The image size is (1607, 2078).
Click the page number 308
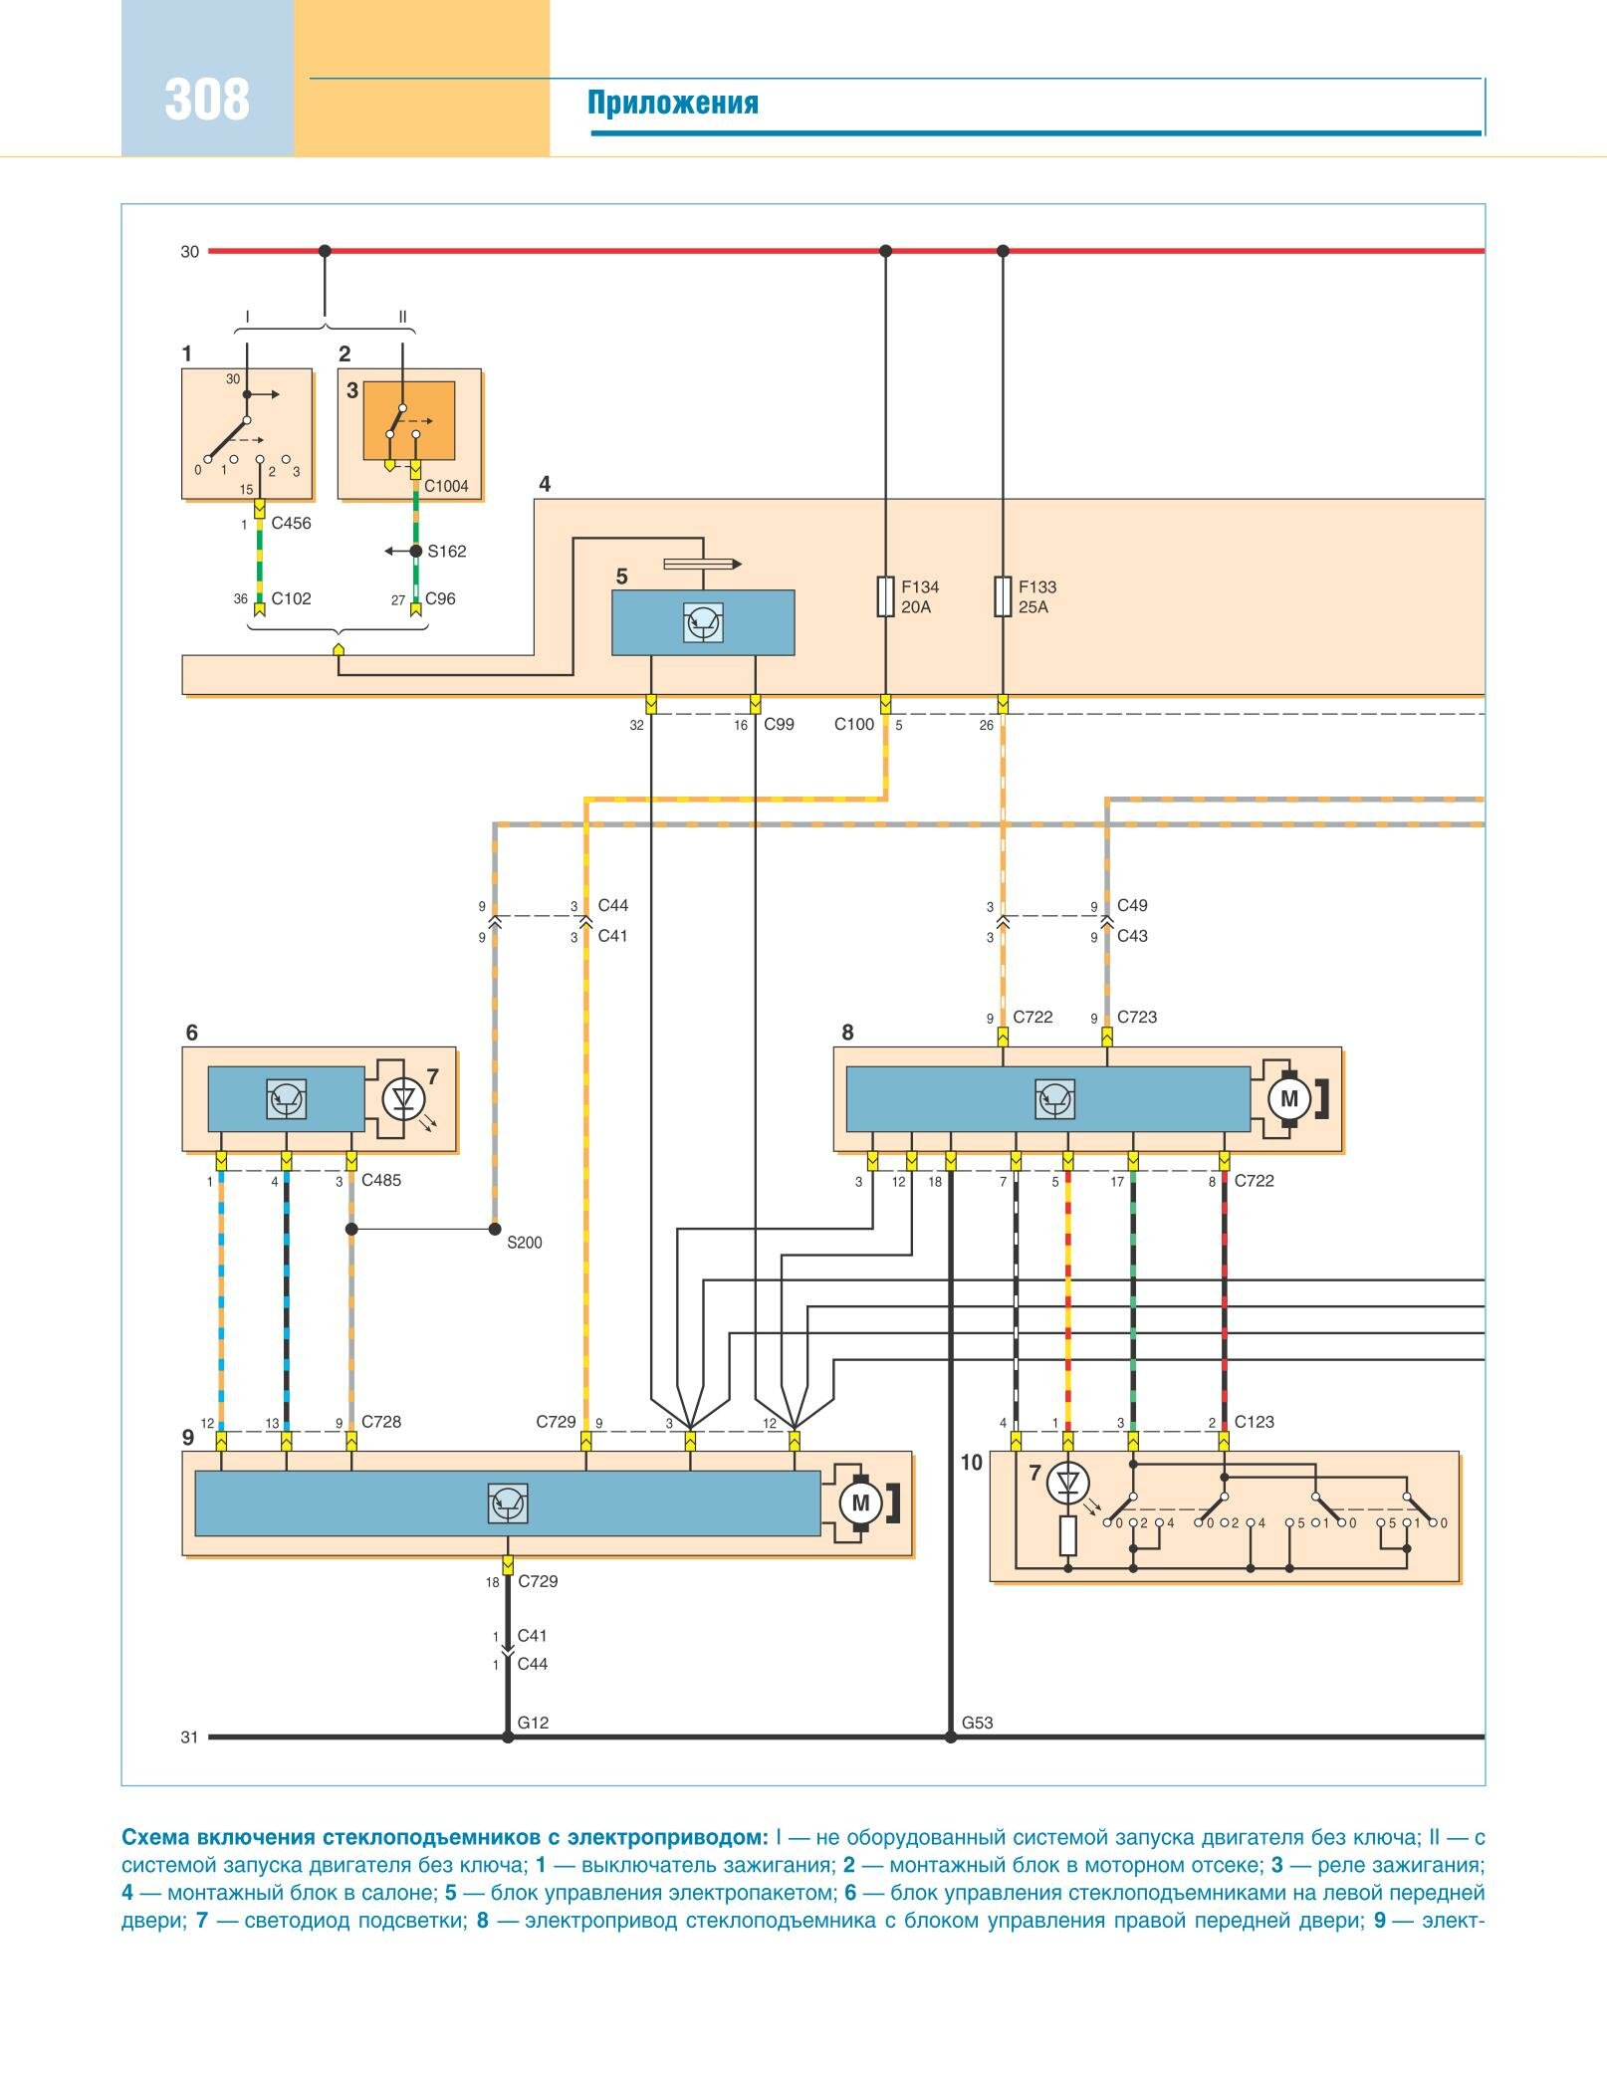(x=207, y=101)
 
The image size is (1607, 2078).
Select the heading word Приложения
(x=672, y=103)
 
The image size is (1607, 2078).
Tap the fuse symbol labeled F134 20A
(x=885, y=596)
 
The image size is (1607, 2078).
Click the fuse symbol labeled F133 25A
(x=1003, y=596)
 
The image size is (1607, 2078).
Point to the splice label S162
(x=446, y=552)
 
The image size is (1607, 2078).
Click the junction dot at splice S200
(x=495, y=1229)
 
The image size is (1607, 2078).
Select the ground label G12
(x=533, y=1723)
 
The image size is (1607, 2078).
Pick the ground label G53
(x=977, y=1723)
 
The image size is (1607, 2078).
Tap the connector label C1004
(x=445, y=487)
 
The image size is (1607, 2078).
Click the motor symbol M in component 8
(x=1288, y=1099)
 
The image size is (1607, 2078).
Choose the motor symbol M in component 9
(x=860, y=1502)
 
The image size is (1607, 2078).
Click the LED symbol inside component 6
(x=404, y=1099)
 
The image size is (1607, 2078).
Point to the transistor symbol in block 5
(x=703, y=623)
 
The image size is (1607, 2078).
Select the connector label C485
(x=381, y=1181)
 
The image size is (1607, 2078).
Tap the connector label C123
(x=1254, y=1422)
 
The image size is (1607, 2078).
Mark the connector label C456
(x=291, y=524)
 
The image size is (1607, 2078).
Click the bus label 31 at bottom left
(x=189, y=1737)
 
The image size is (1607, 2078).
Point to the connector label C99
(x=779, y=725)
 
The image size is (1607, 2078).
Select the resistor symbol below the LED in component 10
(x=1067, y=1536)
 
